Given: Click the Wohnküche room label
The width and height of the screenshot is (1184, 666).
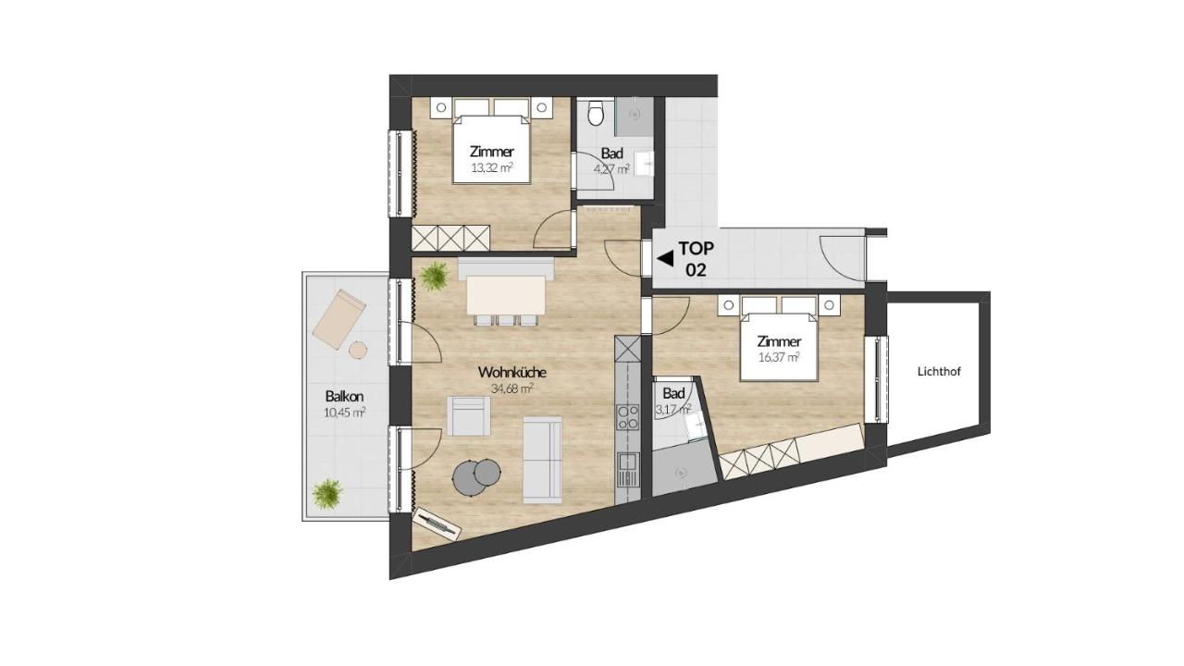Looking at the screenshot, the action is click(512, 372).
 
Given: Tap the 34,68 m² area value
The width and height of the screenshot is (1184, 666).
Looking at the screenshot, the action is click(512, 389).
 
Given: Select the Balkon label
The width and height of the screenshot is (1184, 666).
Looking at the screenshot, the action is click(344, 397).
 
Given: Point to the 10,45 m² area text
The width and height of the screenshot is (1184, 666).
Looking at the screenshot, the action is click(344, 413).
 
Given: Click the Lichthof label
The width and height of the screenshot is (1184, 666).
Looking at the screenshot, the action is click(939, 372).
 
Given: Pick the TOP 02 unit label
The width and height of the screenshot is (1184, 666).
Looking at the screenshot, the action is click(697, 259).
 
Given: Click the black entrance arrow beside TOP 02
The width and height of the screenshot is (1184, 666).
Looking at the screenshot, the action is click(665, 258).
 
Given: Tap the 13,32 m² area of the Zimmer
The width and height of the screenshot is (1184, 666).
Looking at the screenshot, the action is click(492, 168).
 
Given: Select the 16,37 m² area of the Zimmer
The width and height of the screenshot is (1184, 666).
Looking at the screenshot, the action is click(779, 357).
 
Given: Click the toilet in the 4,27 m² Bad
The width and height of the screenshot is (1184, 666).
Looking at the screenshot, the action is click(596, 113).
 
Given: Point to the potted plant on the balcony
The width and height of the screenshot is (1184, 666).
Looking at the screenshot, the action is click(327, 494).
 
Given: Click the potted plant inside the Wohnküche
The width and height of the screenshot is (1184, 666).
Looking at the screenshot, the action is click(435, 276).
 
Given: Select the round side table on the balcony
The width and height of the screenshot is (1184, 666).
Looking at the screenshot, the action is click(358, 350).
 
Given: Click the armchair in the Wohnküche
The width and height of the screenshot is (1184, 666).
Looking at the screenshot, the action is click(468, 416).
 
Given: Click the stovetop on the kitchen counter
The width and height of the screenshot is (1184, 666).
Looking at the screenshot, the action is click(627, 417).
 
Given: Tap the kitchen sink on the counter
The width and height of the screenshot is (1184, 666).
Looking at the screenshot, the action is click(627, 469).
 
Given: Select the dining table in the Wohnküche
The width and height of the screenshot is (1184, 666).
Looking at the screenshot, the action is click(506, 295).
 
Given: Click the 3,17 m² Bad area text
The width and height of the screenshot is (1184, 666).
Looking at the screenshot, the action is click(673, 410).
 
